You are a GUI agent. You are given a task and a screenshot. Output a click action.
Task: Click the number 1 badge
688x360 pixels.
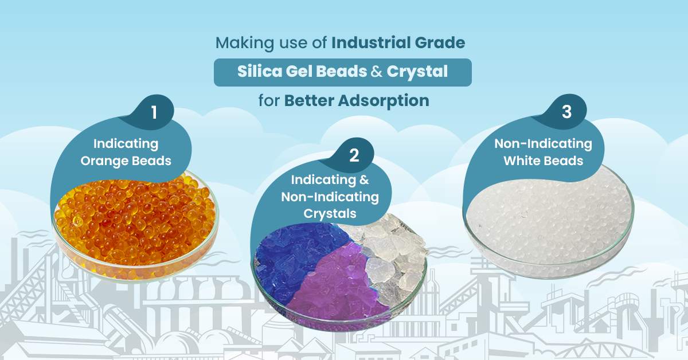154,113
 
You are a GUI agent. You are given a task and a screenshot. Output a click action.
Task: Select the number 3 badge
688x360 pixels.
566,112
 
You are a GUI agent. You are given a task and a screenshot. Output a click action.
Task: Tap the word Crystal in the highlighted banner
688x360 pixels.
417,72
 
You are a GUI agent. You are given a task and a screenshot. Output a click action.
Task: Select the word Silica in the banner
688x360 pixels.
259,72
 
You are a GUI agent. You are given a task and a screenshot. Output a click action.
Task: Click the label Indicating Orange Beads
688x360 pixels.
126,152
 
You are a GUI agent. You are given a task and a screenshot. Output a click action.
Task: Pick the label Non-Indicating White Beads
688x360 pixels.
543,151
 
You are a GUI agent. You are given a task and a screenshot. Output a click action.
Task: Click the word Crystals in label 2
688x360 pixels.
330,214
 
